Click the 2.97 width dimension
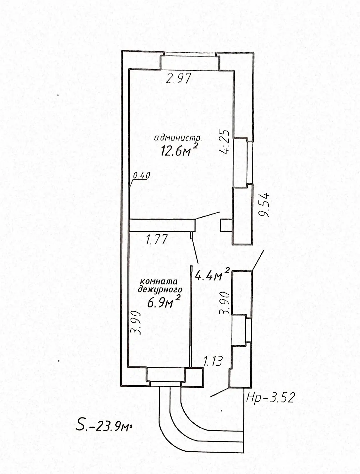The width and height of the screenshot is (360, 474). pyautogui.click(x=179, y=79)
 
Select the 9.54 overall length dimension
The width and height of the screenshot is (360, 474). pyautogui.click(x=264, y=205)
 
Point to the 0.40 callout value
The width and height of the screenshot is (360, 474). pyautogui.click(x=141, y=175)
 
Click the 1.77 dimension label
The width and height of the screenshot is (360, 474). pyautogui.click(x=157, y=240)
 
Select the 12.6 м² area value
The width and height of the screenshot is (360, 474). pyautogui.click(x=179, y=149)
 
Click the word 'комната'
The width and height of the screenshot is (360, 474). pyautogui.click(x=159, y=282)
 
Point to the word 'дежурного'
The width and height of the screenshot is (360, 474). pyautogui.click(x=160, y=290)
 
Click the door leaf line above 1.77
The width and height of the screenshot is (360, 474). pyautogui.click(x=207, y=216)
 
